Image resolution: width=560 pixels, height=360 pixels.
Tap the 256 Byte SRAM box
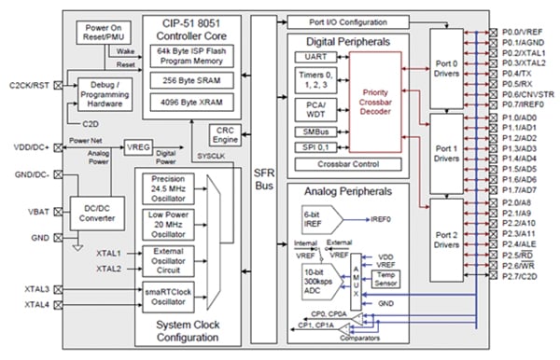198,82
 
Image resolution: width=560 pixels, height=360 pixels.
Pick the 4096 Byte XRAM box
198,104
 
